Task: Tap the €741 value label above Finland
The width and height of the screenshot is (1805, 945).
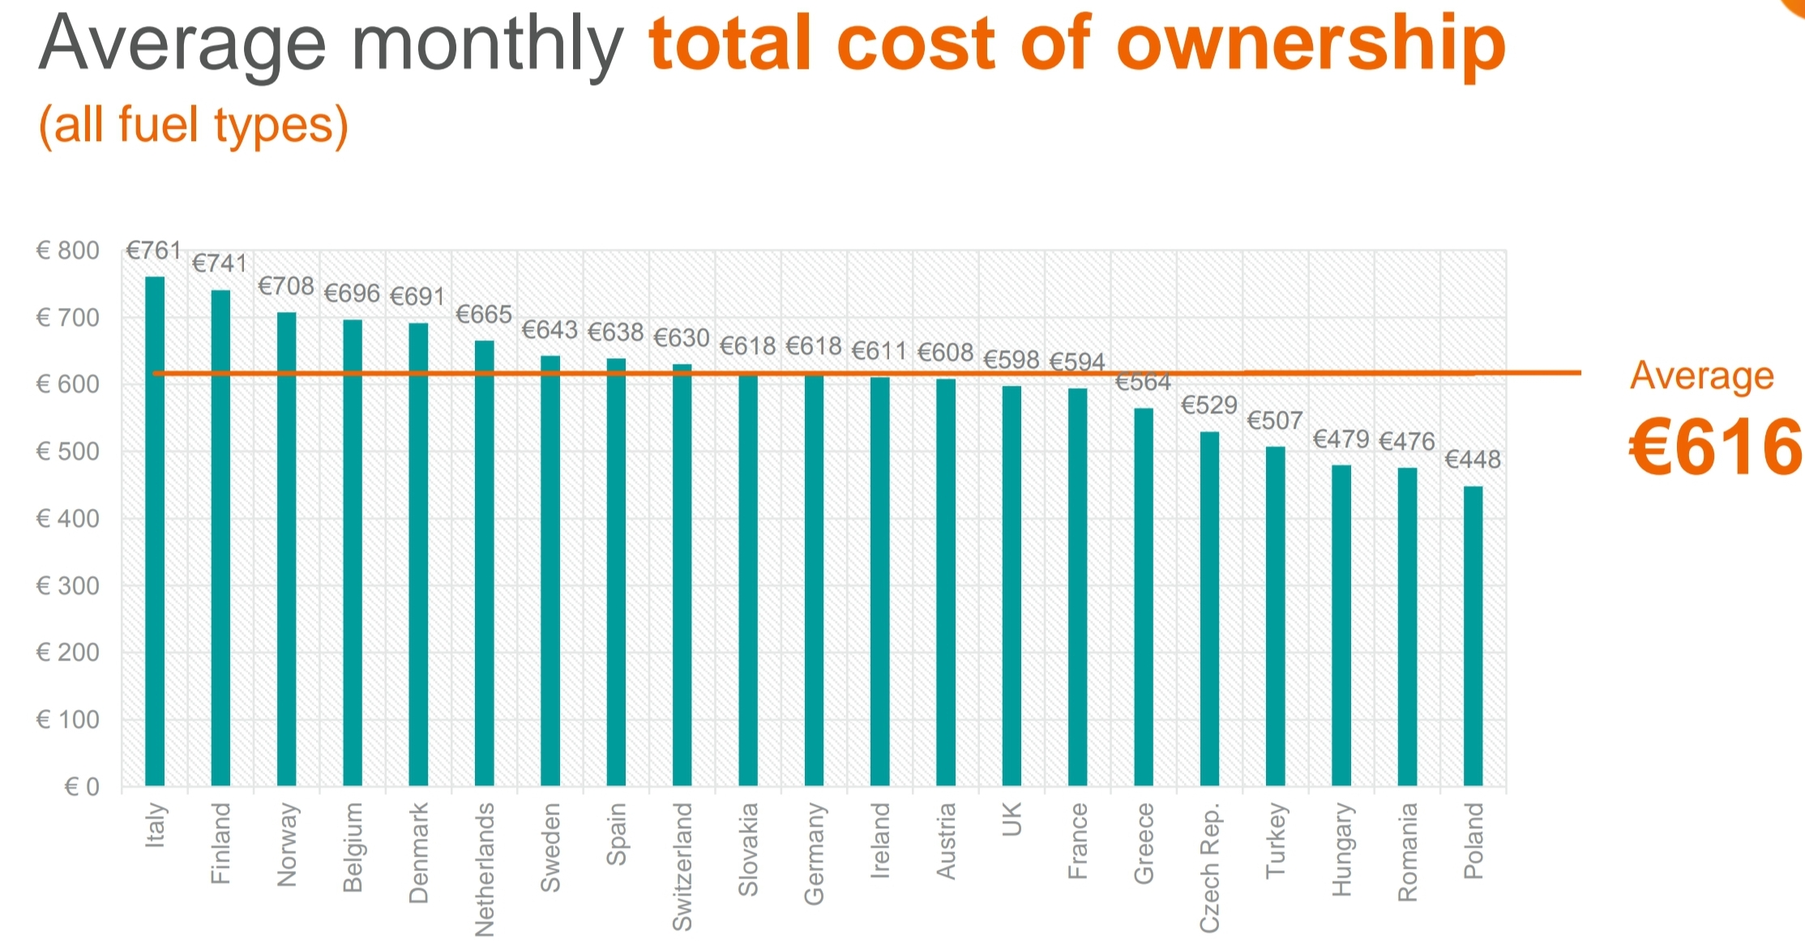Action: point(220,263)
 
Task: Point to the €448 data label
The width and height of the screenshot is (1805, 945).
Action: point(1473,460)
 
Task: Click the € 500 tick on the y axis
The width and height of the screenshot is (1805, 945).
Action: point(68,451)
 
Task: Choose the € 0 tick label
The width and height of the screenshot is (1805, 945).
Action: point(82,786)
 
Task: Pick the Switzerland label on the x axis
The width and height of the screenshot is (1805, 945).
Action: point(682,866)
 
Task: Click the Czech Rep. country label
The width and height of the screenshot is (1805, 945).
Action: point(1209,868)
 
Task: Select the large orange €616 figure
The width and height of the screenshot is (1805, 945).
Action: point(1715,448)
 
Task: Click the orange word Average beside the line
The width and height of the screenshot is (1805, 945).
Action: point(1702,376)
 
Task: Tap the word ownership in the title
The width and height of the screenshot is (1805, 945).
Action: point(1311,45)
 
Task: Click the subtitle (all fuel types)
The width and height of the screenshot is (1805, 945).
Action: point(194,126)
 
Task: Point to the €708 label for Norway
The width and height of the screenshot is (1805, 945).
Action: point(286,286)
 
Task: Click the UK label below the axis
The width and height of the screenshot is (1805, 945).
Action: point(1012,819)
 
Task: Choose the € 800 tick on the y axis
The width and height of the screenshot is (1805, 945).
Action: point(68,250)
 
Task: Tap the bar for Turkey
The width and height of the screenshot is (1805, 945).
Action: point(1275,616)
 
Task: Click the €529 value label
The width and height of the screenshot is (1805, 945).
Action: point(1209,405)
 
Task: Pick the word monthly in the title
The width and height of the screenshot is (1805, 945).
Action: point(488,45)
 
